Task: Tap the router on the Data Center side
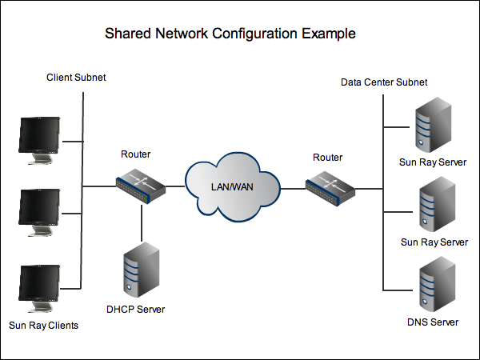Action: (330, 185)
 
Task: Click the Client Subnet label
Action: (76, 78)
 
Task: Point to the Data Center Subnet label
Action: (384, 82)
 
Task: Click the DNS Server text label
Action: (432, 322)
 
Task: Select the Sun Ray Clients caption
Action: (43, 326)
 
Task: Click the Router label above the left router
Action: (135, 154)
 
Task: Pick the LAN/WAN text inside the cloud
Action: (232, 186)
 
